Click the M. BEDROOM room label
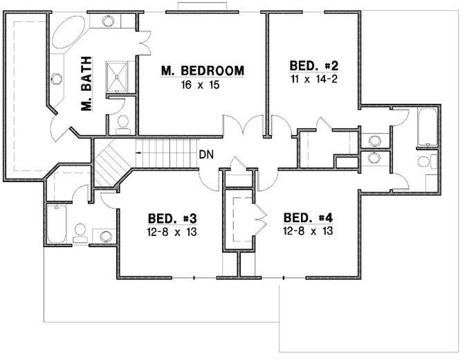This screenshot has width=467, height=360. pyautogui.click(x=203, y=70)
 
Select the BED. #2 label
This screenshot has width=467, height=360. pyautogui.click(x=313, y=66)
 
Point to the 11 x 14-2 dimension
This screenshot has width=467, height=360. pyautogui.click(x=313, y=79)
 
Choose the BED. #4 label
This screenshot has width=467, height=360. pyautogui.click(x=309, y=217)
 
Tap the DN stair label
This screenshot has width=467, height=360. pyautogui.click(x=205, y=154)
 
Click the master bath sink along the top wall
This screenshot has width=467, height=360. pyautogui.click(x=108, y=21)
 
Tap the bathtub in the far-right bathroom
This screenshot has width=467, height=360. pyautogui.click(x=428, y=127)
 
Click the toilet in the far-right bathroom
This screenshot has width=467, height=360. pyautogui.click(x=427, y=162)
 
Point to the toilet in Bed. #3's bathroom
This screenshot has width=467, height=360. pyautogui.click(x=80, y=230)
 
